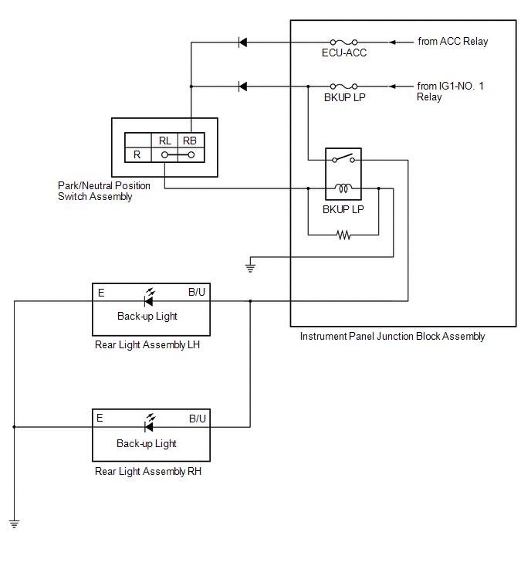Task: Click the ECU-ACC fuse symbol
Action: click(343, 42)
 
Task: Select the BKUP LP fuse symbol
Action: click(343, 86)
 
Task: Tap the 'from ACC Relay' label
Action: click(453, 42)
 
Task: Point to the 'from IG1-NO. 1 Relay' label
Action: click(451, 91)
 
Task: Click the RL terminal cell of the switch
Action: click(165, 141)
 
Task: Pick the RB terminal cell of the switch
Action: click(190, 141)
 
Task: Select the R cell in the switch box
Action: click(137, 154)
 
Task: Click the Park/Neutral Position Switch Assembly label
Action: click(104, 191)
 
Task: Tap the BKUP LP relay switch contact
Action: click(343, 159)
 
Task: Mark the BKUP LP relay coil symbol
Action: click(343, 188)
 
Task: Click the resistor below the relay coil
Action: click(343, 234)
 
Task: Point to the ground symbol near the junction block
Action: click(250, 268)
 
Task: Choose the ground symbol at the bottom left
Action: click(14, 524)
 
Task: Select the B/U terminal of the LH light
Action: click(197, 293)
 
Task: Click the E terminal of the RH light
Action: click(100, 419)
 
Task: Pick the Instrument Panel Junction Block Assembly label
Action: click(392, 337)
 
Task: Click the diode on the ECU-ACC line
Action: click(242, 42)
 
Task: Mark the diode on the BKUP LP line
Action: click(242, 86)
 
